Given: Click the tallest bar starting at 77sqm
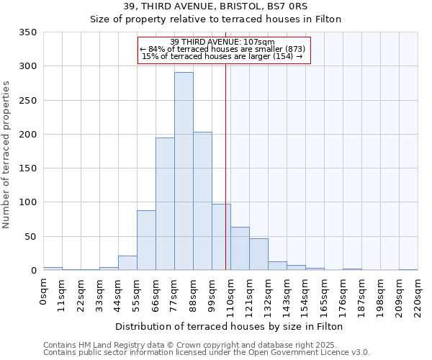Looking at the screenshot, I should click(x=184, y=171).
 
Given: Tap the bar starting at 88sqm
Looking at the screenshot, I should click(x=202, y=201).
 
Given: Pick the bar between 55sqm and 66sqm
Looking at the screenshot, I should click(x=146, y=240).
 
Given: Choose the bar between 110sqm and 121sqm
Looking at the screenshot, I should click(x=240, y=248).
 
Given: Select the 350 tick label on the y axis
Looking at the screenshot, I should click(x=27, y=32).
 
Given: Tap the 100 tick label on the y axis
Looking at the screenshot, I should click(x=27, y=202).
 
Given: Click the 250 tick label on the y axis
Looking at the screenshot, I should click(x=27, y=100).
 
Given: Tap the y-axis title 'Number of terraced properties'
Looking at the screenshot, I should click(x=7, y=155).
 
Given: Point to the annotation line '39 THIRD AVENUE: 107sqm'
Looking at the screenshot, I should click(x=223, y=42).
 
